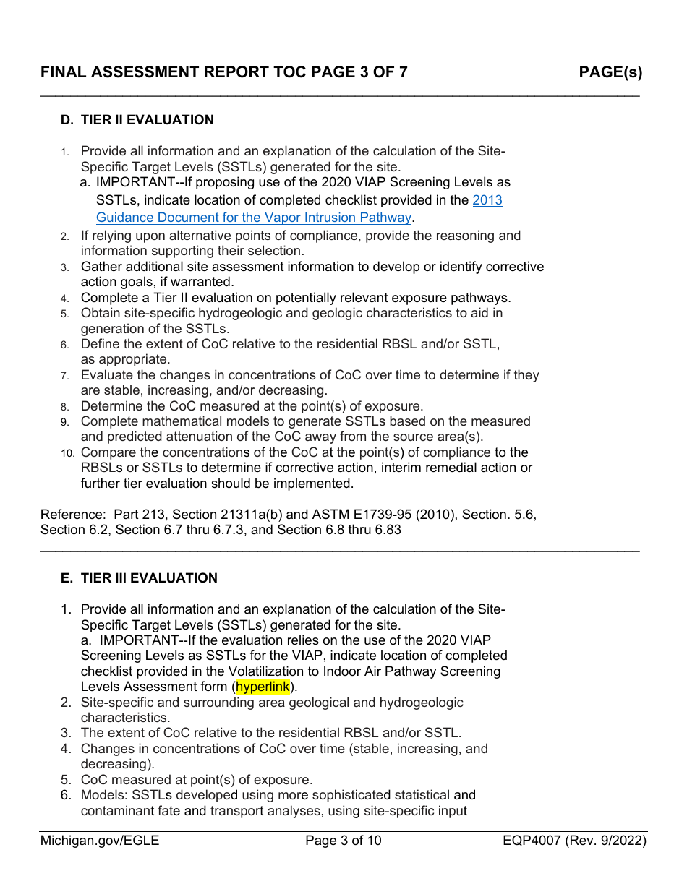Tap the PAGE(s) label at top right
coord(610,72)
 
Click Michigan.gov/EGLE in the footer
coord(100,841)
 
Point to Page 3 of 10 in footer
coord(343,841)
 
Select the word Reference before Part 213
coord(73,515)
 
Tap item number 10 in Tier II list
coord(67,453)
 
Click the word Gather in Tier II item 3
coord(102,267)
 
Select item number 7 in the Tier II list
coord(64,376)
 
